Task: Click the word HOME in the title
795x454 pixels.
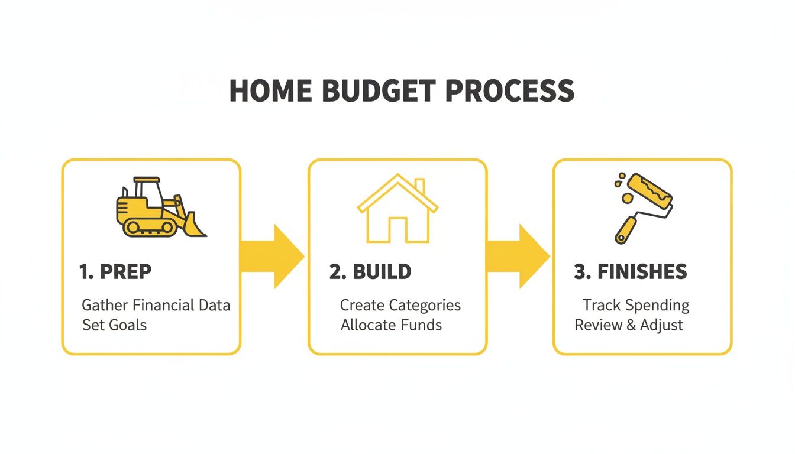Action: (270, 91)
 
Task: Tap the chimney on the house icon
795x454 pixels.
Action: (419, 186)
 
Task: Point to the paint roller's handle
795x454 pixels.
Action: (626, 229)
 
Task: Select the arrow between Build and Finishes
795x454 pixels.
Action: (519, 257)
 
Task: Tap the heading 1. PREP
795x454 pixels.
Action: (115, 272)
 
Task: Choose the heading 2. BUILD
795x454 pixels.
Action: (370, 272)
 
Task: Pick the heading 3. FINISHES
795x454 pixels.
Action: (631, 272)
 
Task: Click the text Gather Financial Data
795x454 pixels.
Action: (156, 306)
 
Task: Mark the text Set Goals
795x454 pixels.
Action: (114, 325)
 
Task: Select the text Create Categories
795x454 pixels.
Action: (400, 306)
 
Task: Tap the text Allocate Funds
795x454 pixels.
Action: (391, 325)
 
